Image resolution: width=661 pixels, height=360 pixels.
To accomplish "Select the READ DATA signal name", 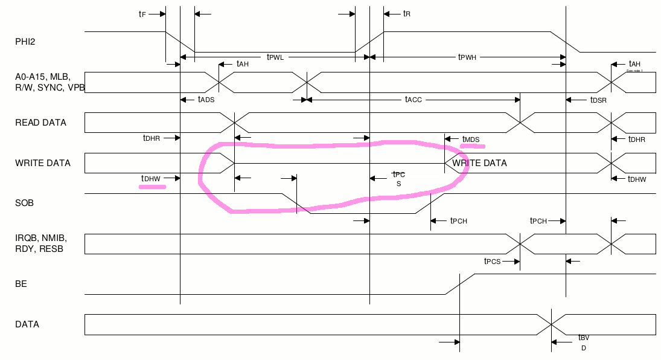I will tap(40, 123).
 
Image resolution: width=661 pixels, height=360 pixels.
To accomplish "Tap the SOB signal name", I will tap(24, 203).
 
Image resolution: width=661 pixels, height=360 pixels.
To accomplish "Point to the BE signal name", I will tap(21, 283).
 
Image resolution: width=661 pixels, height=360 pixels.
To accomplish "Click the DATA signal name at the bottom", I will tap(27, 324).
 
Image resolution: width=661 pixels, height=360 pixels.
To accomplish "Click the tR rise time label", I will tap(407, 13).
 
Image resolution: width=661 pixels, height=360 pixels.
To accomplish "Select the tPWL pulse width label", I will tap(275, 57).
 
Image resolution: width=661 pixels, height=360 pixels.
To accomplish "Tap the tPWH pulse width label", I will tap(467, 57).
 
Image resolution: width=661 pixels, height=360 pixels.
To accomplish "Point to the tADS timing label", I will tap(206, 99).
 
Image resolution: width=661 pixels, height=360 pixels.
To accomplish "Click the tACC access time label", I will tap(414, 99).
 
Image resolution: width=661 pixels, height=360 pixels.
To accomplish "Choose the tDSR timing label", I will tap(598, 99).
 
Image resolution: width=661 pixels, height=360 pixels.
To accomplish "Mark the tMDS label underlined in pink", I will tap(471, 140).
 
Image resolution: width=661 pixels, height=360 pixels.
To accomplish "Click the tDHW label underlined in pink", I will tap(151, 178).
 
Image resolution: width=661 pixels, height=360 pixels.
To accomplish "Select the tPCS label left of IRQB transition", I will tap(493, 262).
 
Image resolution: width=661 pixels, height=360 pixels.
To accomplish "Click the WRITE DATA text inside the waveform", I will tap(479, 163).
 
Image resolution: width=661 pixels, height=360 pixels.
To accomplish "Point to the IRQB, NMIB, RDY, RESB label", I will tap(40, 243).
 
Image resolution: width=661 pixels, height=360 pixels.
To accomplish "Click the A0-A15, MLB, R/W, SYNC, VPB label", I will tap(50, 82).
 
